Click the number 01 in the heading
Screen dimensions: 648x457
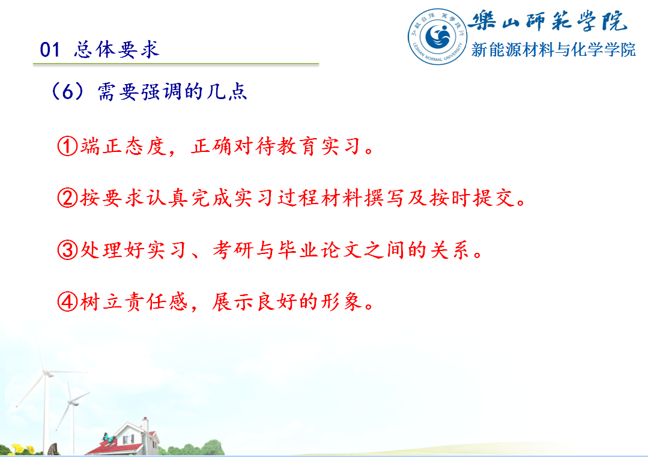point(50,50)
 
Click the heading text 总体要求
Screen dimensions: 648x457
point(117,50)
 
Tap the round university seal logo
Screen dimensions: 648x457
point(437,37)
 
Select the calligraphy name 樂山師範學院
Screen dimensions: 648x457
point(549,20)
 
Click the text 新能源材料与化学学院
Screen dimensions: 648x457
point(553,50)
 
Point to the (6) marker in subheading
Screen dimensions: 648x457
point(68,91)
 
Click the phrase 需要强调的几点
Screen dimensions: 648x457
point(172,91)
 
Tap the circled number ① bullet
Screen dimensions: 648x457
point(67,147)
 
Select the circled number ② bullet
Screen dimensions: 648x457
point(67,198)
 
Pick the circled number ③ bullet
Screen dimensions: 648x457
point(67,250)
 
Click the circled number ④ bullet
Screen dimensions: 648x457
point(67,301)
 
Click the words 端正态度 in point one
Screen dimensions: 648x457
point(123,147)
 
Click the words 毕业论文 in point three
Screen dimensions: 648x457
point(320,250)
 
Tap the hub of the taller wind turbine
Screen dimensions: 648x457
point(47,373)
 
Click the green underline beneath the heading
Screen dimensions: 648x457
point(176,64)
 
